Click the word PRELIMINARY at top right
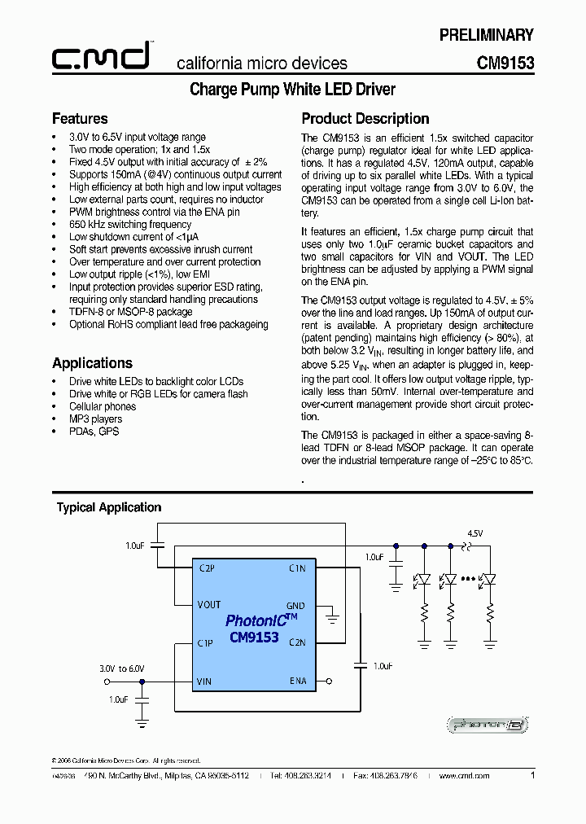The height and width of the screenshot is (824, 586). [x=486, y=35]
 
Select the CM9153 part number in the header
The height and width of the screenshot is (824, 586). [x=505, y=63]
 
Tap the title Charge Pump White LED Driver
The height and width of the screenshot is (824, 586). [x=292, y=90]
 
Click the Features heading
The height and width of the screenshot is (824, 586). [x=80, y=119]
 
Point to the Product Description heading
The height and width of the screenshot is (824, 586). [x=365, y=119]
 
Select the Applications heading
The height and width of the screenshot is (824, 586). [x=92, y=363]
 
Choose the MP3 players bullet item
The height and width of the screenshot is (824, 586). [x=96, y=419]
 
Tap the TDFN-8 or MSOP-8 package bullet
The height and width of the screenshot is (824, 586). [x=130, y=312]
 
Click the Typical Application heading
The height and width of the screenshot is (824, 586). [x=109, y=507]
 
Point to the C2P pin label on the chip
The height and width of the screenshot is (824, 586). [x=207, y=568]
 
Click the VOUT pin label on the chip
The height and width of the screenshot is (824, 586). [x=209, y=605]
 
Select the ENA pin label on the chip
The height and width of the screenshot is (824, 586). [x=298, y=681]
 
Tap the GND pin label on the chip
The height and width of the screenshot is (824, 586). [x=295, y=606]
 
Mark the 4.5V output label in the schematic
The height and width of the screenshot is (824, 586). [x=474, y=533]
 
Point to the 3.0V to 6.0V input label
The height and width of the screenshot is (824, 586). [x=121, y=668]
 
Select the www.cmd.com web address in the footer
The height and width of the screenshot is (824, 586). [x=464, y=776]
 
